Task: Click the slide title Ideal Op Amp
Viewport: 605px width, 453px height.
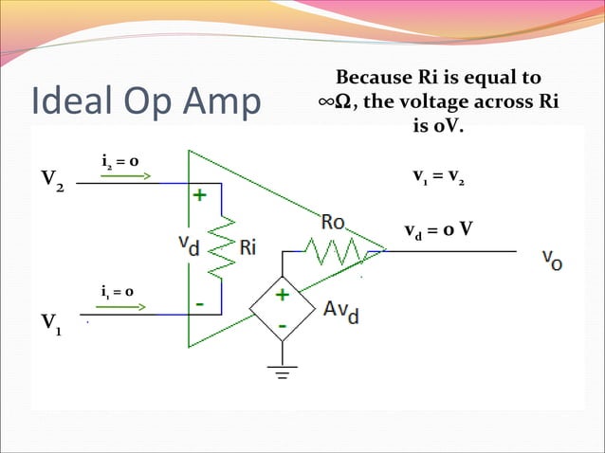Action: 145,104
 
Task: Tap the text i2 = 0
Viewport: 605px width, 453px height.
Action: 121,162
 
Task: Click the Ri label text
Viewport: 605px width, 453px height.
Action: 247,248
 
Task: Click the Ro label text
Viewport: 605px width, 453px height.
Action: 333,224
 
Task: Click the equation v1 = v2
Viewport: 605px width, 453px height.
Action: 438,176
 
